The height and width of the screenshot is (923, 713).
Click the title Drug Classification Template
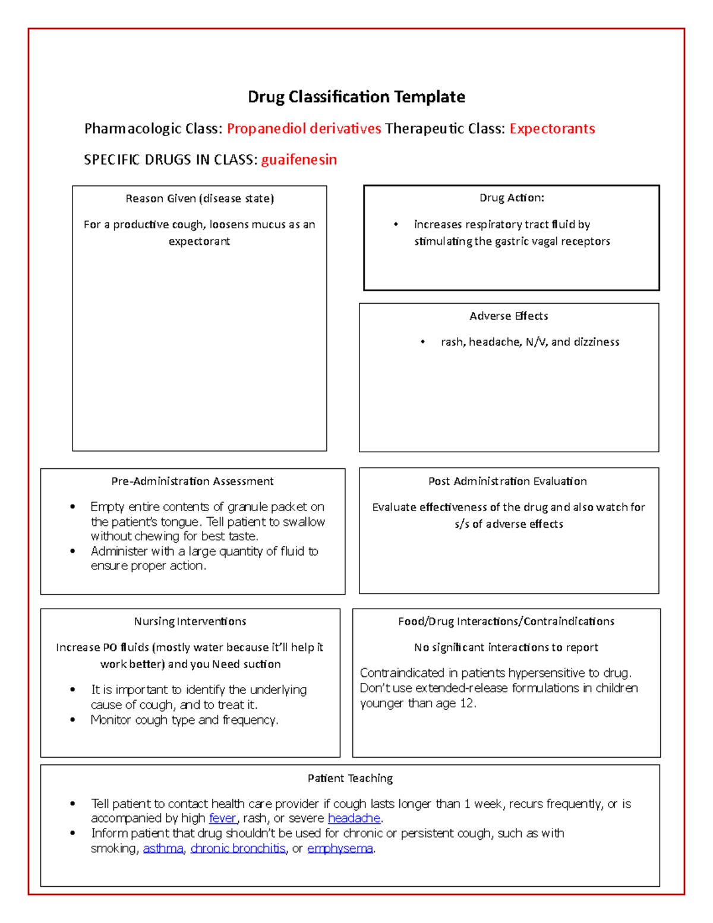356,97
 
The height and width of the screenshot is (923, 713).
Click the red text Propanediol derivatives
304,129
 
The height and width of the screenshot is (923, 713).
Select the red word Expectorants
552,129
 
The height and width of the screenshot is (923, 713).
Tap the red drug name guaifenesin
299,160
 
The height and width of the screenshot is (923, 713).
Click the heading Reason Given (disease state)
200,199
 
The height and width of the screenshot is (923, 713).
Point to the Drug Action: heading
512,198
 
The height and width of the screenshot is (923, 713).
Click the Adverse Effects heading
509,316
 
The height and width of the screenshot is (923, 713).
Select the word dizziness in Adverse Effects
596,342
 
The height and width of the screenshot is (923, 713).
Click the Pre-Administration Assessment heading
193,481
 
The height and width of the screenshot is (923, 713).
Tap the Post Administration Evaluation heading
507,481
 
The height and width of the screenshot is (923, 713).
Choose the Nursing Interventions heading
190,622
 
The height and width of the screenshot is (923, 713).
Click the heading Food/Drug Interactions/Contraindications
506,622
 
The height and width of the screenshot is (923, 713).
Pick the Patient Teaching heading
350,779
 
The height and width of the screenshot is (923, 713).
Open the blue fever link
223,818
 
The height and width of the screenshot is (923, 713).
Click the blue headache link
354,818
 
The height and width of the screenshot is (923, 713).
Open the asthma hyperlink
163,849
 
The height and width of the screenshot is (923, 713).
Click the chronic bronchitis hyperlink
238,849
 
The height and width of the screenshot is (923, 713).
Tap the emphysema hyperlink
340,849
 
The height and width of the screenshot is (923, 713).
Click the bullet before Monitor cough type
73,720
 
